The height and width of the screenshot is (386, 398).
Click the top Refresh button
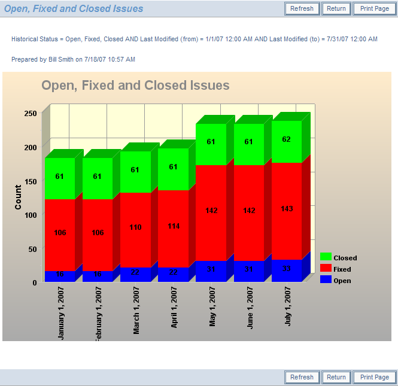(302, 9)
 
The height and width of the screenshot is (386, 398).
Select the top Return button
(336, 9)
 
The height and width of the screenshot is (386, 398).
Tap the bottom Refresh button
(302, 377)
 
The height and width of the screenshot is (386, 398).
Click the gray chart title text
(135, 86)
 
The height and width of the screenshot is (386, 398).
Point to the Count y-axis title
(18, 197)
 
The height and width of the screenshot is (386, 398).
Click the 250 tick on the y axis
(31, 114)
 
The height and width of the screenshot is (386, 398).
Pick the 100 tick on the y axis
(31, 215)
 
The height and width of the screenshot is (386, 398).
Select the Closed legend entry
(339, 258)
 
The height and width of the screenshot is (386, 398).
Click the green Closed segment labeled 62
(287, 140)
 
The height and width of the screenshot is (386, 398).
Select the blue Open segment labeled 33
(287, 269)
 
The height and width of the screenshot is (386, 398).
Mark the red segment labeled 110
(135, 228)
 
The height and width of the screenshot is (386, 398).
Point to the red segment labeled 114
(173, 226)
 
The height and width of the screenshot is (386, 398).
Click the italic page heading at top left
(74, 9)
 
